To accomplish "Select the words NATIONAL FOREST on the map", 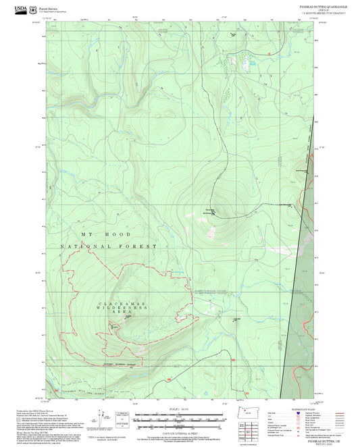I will click(108, 247).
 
